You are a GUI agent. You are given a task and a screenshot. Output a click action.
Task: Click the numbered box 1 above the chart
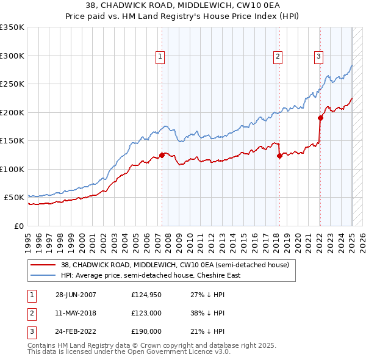coord(160,57)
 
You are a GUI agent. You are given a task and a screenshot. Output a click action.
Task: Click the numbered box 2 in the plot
coord(278,57)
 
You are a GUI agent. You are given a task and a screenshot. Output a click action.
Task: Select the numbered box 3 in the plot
coord(318,57)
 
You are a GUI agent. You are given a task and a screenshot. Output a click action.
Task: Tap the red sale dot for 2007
coord(162,155)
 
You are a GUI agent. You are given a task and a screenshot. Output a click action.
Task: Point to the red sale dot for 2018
coord(279,156)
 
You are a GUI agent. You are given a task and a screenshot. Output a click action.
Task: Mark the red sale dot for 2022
coord(320,118)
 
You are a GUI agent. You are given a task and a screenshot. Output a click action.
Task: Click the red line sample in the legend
coord(44,265)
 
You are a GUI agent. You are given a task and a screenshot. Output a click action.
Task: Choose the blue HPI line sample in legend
coord(44,275)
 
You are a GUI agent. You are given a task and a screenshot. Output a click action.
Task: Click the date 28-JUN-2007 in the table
coord(76,295)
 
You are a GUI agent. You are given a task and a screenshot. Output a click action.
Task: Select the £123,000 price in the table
coord(146,313)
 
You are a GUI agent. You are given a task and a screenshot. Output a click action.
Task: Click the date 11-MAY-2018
coord(76,313)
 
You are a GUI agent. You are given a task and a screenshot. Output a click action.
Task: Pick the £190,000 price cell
coord(146,331)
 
